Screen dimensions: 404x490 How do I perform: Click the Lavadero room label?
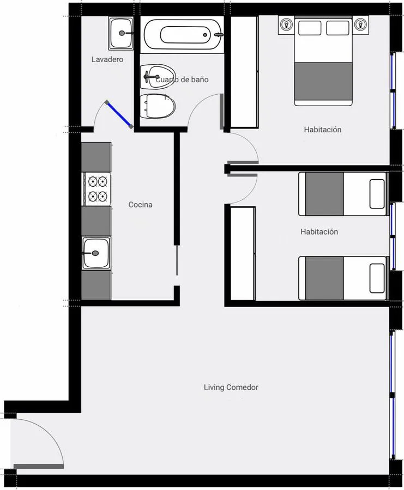(107, 59)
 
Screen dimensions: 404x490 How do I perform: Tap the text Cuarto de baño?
(182, 79)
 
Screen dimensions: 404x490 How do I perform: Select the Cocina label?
(141, 205)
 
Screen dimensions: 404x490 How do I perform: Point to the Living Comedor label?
(231, 387)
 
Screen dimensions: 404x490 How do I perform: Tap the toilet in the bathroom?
(157, 106)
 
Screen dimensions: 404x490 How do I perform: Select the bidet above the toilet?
(158, 77)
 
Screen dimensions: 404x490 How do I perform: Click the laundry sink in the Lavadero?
(121, 33)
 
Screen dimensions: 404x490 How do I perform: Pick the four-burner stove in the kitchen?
(97, 189)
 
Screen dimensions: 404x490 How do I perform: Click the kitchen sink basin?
(96, 253)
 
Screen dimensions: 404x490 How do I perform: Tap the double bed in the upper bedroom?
(323, 62)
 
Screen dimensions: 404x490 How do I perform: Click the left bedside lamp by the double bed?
(286, 24)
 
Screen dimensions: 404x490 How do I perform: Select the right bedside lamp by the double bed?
(361, 24)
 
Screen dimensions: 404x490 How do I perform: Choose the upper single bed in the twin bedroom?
(343, 194)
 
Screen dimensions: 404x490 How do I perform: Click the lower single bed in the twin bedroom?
(343, 278)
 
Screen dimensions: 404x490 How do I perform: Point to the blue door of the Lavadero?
(119, 114)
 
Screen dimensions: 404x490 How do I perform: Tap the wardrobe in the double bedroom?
(244, 72)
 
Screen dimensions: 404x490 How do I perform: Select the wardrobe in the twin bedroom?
(243, 253)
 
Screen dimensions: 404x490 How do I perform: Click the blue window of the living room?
(393, 395)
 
